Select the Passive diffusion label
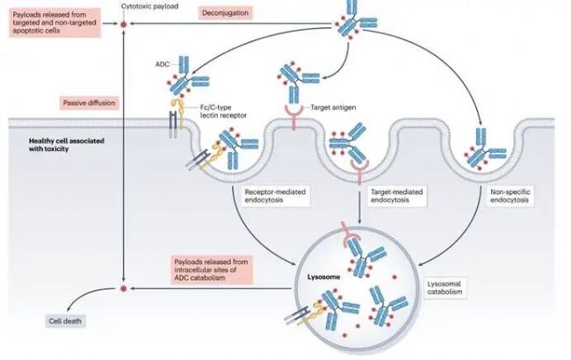90,103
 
